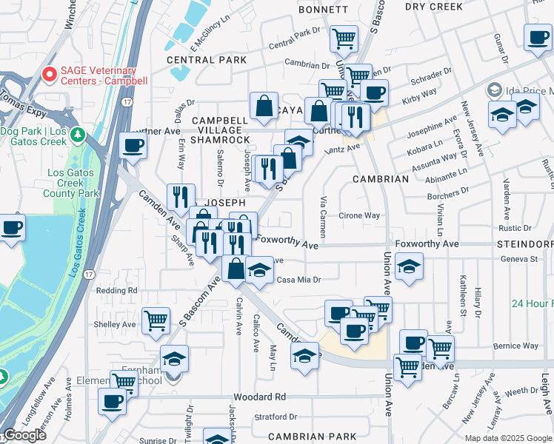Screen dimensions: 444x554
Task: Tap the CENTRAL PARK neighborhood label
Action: [207, 59]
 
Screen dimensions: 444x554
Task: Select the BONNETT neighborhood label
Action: [323, 10]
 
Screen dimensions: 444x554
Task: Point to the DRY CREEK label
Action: [434, 6]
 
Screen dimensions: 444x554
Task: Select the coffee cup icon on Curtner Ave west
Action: [133, 145]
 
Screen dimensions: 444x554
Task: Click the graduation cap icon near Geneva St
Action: [409, 266]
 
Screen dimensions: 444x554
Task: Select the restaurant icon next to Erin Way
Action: [181, 197]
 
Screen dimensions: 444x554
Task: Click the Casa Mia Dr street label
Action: [298, 280]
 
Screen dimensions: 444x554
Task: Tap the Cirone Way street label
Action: [359, 216]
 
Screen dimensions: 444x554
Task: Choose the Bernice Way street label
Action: [515, 346]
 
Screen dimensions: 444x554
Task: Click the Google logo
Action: [26, 435]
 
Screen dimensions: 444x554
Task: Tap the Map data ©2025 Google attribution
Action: [508, 438]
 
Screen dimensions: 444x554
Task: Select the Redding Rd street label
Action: [117, 291]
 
